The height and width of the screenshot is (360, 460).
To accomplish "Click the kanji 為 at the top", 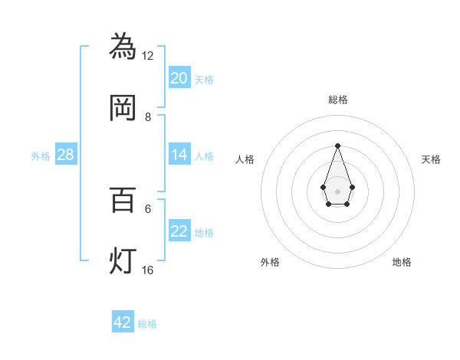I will point(123,45).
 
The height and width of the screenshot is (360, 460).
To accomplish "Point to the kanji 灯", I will point(123,260).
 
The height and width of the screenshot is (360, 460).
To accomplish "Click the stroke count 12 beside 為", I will point(148,55).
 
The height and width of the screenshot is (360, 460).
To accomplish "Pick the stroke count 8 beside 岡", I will point(148,117).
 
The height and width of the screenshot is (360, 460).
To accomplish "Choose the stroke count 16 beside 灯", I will point(148,270).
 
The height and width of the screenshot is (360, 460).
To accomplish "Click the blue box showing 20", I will point(179,77).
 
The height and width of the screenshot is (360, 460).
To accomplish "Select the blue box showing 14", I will point(179,155).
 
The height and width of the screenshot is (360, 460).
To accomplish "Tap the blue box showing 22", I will point(179,231).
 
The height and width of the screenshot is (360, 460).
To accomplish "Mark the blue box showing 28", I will point(66,155).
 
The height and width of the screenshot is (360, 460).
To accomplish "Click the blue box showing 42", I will point(123,322).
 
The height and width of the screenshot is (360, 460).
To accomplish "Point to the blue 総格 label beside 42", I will point(147,324).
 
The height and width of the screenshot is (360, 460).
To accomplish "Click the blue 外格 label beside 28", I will point(41,156).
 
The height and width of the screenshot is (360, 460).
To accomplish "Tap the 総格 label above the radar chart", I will point(337,100).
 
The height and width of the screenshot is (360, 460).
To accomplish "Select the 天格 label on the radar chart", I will point(431,159).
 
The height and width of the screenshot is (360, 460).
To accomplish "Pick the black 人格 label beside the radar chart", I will point(245,159).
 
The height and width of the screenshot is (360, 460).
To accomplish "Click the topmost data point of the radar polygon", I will point(337,146).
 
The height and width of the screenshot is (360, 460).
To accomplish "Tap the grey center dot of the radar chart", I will point(337,190).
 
